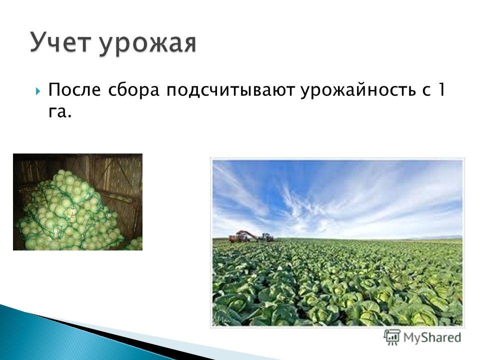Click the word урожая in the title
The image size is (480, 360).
click(x=147, y=44)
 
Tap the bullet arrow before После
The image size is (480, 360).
click(x=37, y=91)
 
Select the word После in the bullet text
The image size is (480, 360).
click(x=74, y=90)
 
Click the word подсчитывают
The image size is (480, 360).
click(x=230, y=91)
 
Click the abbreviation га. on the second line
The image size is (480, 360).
click(x=59, y=112)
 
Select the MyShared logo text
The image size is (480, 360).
click(x=432, y=337)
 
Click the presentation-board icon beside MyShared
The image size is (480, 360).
click(x=392, y=337)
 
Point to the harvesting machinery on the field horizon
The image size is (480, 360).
click(x=251, y=236)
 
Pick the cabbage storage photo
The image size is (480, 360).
click(x=78, y=202)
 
